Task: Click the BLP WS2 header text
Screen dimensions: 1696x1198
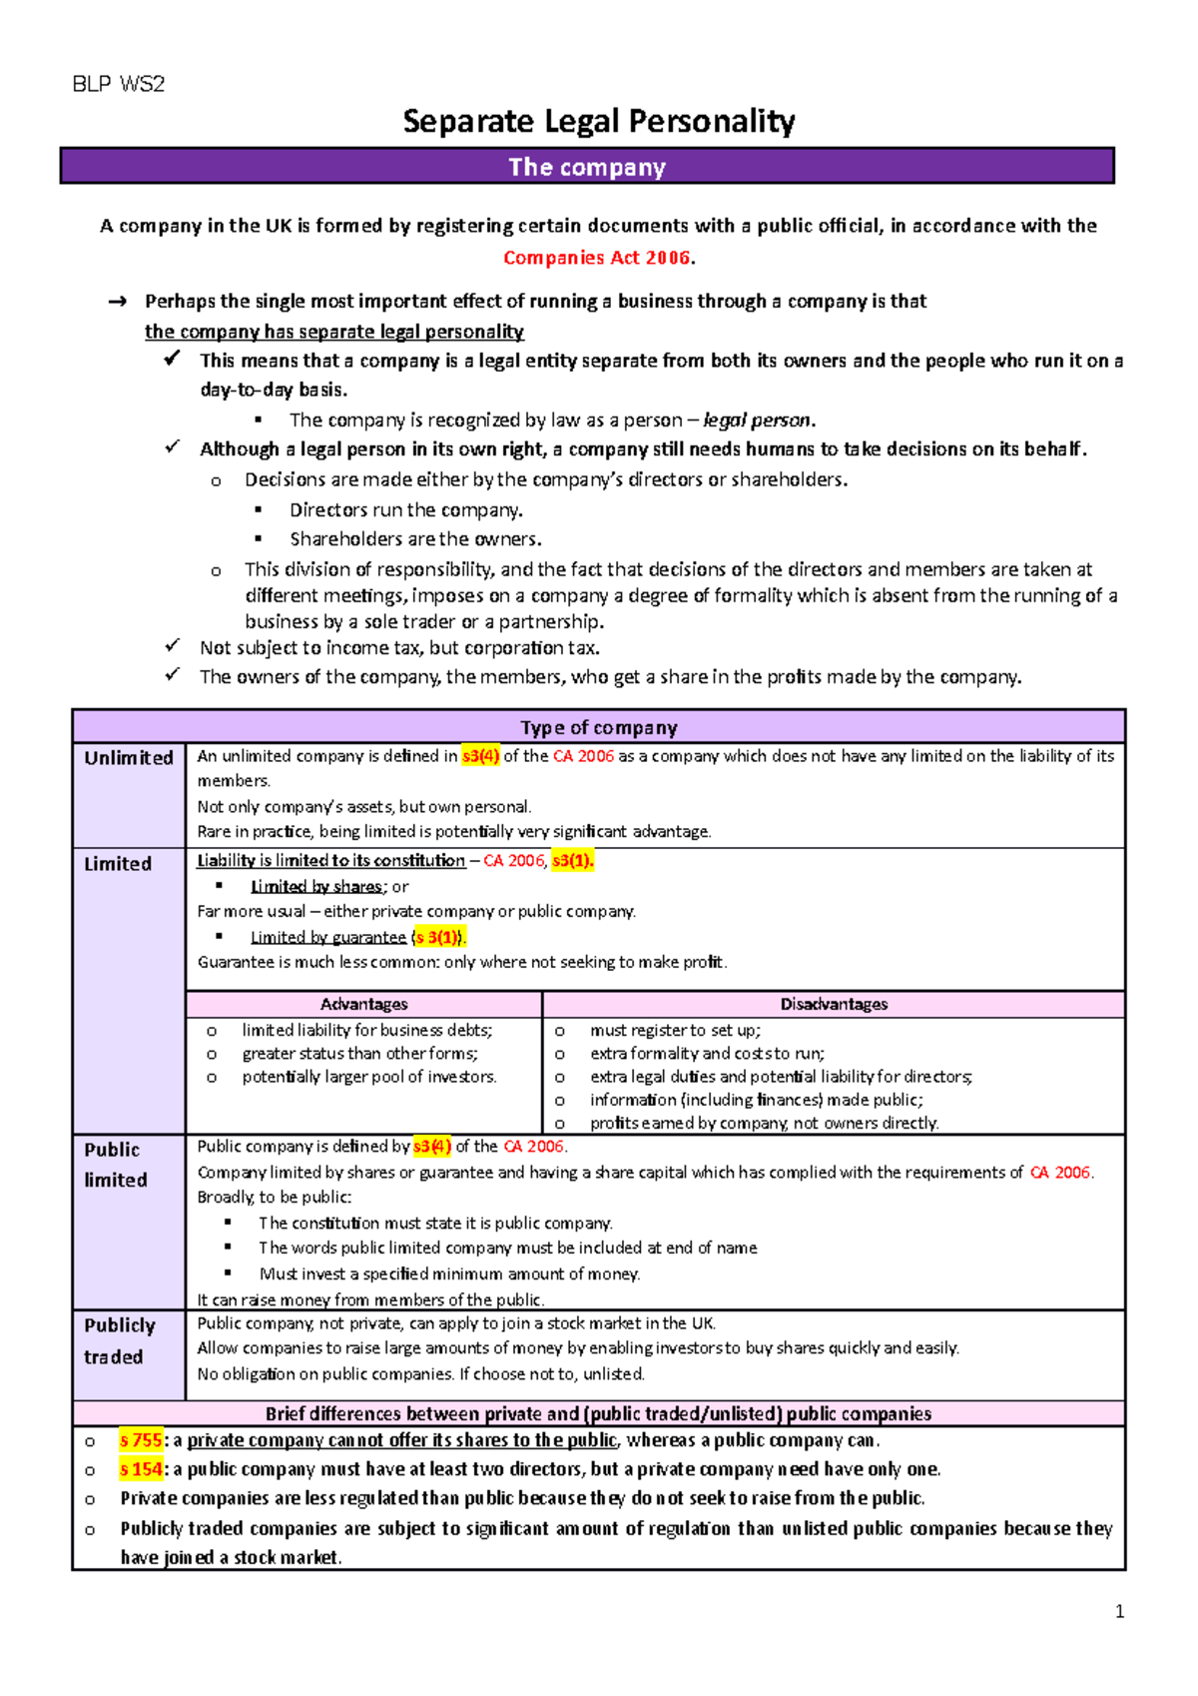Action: coord(118,84)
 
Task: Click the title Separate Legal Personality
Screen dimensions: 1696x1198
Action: coord(598,122)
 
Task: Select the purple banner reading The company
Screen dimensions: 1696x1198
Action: coord(587,167)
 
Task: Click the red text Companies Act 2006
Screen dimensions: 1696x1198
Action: coord(597,258)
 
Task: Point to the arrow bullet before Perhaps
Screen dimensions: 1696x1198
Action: coord(117,302)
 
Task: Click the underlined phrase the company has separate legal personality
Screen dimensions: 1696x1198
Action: coord(333,332)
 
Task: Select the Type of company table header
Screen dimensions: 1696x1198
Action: coord(598,727)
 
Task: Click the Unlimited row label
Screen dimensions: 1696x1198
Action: coord(128,758)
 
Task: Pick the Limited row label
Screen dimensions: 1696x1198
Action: coord(118,864)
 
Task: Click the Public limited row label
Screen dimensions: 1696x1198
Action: coord(115,1165)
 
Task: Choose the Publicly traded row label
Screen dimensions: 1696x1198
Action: coord(119,1340)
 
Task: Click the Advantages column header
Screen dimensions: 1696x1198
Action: coord(363,1004)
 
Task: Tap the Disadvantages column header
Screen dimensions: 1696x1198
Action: coord(834,1004)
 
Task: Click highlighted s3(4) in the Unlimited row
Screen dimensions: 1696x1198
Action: coord(480,756)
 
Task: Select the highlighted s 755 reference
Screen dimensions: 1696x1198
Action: coord(141,1440)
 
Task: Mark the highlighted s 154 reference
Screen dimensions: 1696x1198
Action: coord(141,1469)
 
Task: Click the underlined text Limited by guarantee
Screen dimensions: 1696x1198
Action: coord(328,937)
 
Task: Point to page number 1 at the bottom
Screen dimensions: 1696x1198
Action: coord(1119,1611)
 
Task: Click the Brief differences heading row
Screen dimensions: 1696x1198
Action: coord(598,1413)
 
